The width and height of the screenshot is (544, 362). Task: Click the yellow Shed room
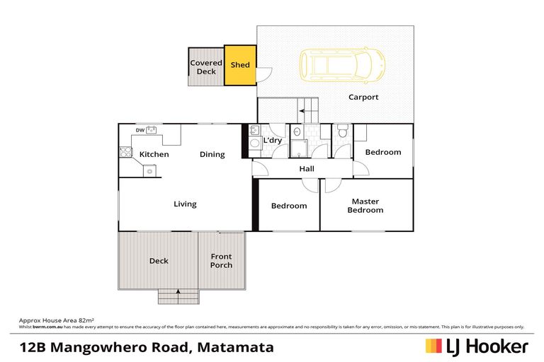coord(240,65)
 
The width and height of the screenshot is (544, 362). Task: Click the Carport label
coord(363,98)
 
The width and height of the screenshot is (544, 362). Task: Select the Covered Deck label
coord(206,67)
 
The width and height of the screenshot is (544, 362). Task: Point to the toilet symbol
coord(342,132)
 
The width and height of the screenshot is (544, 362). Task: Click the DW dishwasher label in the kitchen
coord(140,130)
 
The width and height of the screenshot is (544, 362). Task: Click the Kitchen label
coord(154,154)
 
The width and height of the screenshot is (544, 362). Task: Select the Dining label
coord(212,154)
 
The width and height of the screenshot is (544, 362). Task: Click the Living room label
coord(185,204)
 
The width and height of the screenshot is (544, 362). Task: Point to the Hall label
coord(307,169)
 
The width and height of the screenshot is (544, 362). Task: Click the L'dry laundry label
coord(273,141)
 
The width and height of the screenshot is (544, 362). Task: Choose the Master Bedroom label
coord(365,206)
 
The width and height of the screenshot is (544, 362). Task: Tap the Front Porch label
coord(221,261)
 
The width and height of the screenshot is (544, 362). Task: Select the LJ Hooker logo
coord(476,346)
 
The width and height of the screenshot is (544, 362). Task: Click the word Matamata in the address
coord(239,347)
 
